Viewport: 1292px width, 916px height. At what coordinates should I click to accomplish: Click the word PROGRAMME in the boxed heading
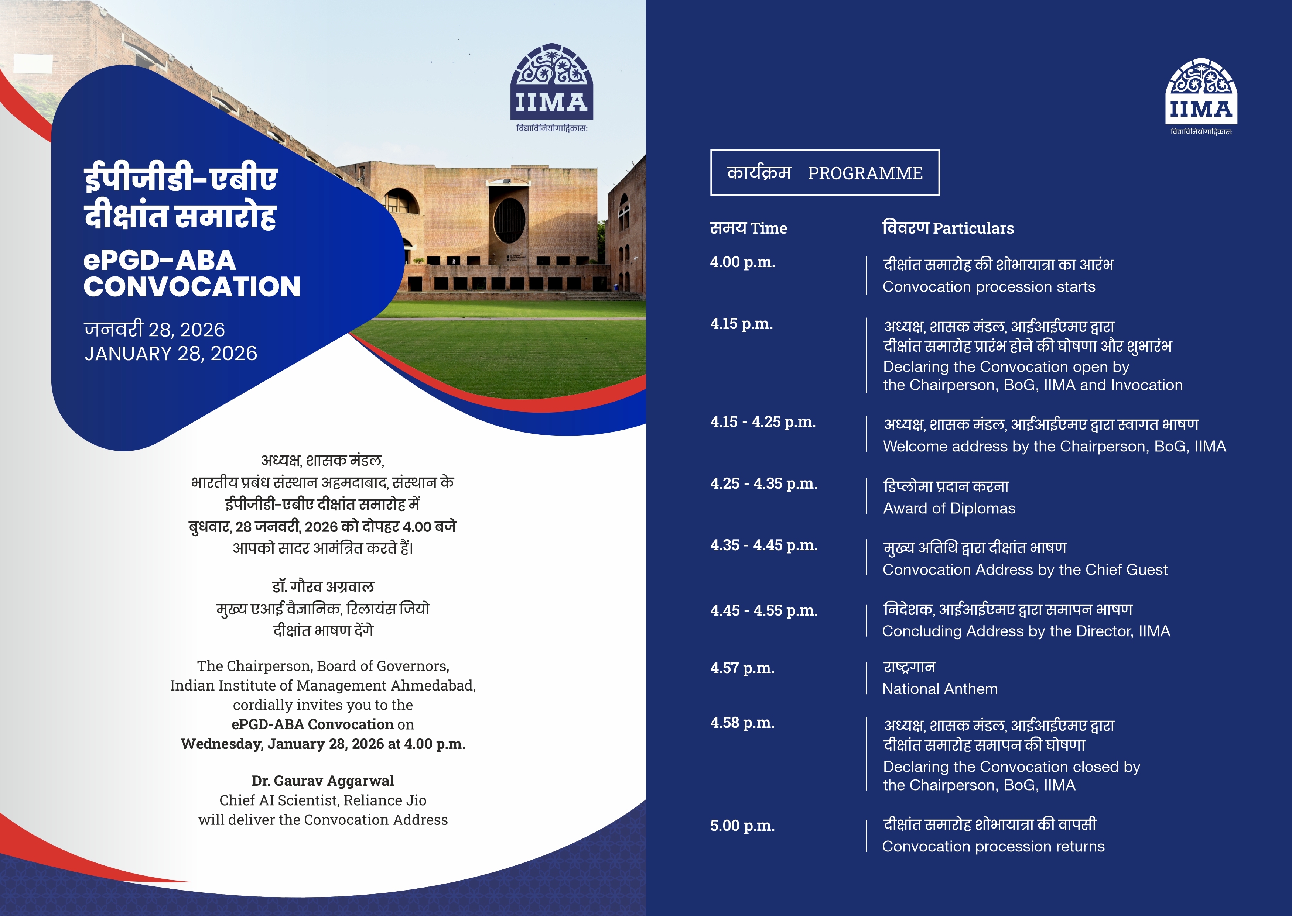click(865, 173)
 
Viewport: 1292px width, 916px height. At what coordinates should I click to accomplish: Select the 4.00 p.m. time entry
click(742, 262)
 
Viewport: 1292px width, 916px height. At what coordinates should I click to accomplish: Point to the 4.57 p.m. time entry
click(742, 668)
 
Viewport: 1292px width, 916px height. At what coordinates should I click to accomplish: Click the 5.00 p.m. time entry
click(742, 826)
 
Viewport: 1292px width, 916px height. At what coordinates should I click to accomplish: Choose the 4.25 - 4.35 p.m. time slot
click(764, 483)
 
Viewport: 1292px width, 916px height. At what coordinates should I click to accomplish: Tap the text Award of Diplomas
click(949, 508)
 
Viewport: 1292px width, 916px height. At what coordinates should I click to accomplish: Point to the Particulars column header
click(973, 228)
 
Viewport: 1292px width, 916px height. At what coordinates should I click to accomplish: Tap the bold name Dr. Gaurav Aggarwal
click(323, 781)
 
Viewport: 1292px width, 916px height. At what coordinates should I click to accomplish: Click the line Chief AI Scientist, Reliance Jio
click(323, 800)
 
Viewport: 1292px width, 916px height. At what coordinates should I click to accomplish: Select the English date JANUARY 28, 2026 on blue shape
click(171, 354)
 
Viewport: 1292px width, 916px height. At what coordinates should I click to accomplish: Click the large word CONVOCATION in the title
click(192, 286)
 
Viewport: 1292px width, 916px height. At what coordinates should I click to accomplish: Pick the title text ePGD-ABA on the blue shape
click(160, 261)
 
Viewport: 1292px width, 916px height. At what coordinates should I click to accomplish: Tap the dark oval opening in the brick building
click(509, 221)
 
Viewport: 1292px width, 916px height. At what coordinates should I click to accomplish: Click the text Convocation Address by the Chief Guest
click(1025, 570)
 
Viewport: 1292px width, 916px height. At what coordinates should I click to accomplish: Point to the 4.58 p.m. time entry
click(742, 723)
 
